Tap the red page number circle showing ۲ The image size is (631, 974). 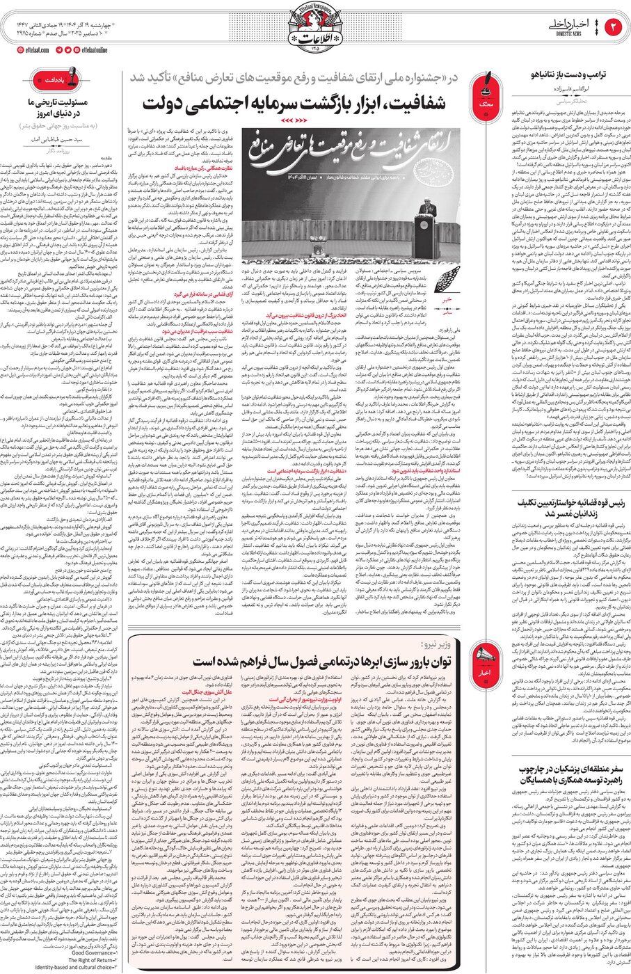[614, 27]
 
